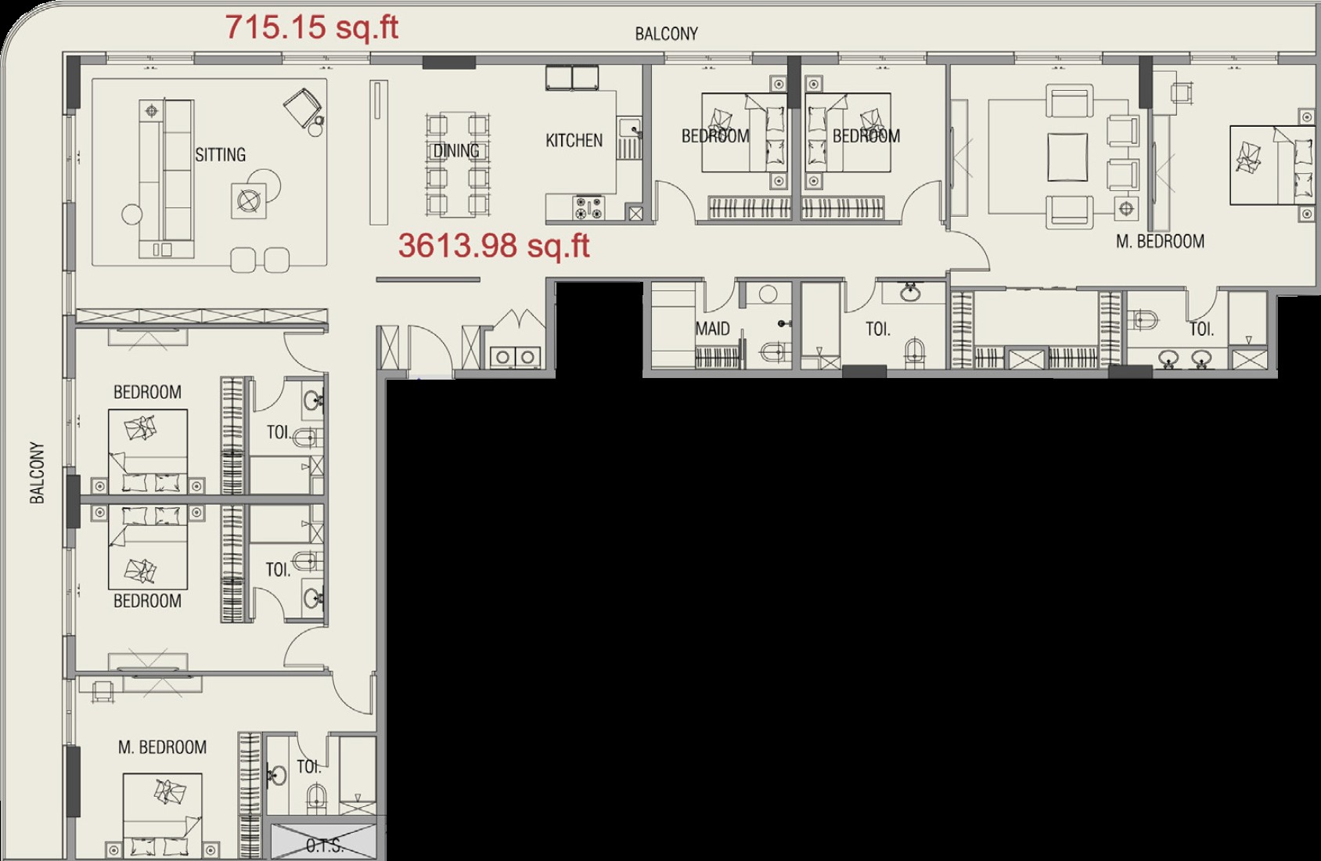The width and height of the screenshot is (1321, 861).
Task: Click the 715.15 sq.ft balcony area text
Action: [311, 27]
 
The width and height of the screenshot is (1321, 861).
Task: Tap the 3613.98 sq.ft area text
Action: [494, 245]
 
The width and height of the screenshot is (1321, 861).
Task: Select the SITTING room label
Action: [221, 154]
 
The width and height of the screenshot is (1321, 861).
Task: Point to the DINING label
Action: [456, 151]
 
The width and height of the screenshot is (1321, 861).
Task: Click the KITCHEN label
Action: [574, 140]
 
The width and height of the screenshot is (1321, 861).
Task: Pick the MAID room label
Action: [712, 329]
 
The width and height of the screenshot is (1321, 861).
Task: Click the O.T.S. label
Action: [325, 846]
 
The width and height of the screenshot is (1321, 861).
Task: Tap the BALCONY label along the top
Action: [667, 34]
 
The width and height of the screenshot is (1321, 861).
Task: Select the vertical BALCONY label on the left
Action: [37, 473]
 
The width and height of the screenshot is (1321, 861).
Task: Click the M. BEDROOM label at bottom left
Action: [162, 748]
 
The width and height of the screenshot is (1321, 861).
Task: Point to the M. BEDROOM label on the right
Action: [1160, 241]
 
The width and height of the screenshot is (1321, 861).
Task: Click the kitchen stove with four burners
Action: [589, 209]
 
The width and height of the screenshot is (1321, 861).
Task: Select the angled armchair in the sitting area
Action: [303, 107]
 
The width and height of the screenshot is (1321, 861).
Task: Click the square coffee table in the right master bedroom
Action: [1067, 157]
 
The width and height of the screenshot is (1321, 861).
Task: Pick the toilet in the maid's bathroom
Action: [773, 351]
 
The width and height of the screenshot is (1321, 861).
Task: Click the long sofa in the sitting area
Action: [167, 178]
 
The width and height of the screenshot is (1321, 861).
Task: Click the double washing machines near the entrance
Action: [516, 357]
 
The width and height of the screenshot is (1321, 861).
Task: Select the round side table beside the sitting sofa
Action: [132, 214]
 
